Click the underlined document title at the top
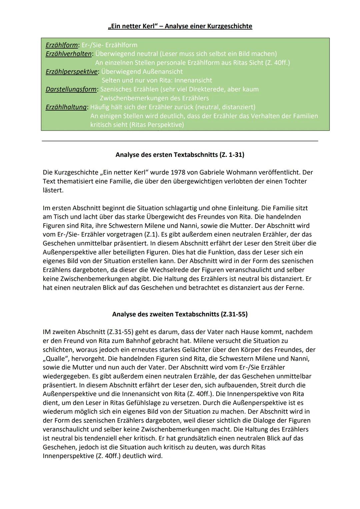[x=180, y=26]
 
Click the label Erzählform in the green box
[x=62, y=45]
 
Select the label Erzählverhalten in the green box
[x=68, y=54]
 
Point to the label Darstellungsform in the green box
[x=71, y=89]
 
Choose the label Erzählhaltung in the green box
[x=66, y=107]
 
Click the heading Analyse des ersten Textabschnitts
[x=180, y=155]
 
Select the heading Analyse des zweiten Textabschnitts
[x=180, y=314]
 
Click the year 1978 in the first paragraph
[x=178, y=173]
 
